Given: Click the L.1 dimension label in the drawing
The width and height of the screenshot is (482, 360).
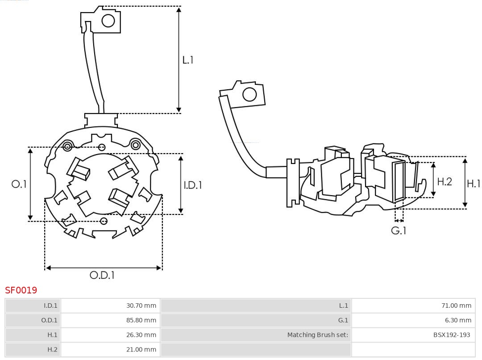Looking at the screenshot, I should (x=188, y=60).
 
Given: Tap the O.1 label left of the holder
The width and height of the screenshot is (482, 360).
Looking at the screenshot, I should (x=19, y=184).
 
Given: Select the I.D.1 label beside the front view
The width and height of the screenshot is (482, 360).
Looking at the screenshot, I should (x=193, y=184).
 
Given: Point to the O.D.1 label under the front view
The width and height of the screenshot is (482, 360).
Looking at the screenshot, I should (x=102, y=275).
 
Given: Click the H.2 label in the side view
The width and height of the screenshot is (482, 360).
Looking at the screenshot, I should (x=444, y=181).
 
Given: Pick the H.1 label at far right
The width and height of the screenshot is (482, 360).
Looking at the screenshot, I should (x=473, y=183).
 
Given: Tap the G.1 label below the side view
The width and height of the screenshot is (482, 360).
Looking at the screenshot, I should (x=399, y=230).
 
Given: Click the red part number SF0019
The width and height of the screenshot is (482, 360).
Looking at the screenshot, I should (x=21, y=290).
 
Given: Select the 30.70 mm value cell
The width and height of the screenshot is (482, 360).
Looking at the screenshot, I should (x=141, y=306).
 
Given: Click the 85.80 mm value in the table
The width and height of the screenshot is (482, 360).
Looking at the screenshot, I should (x=141, y=320).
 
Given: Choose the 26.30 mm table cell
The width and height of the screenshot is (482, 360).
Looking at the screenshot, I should (x=141, y=335).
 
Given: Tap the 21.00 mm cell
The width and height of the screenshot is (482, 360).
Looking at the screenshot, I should (x=141, y=349).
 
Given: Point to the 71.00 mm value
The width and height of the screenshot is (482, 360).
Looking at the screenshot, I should (x=456, y=306).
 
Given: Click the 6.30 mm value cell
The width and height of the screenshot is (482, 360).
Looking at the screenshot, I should (x=458, y=320).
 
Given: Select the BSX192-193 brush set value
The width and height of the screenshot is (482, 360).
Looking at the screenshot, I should (x=451, y=335).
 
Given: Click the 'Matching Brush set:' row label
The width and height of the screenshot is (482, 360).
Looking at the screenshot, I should (x=317, y=335).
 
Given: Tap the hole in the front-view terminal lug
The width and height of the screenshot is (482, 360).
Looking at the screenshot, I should (x=108, y=21).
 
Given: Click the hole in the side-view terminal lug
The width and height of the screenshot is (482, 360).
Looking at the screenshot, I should (x=249, y=95).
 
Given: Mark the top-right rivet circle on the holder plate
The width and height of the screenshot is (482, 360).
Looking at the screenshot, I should (x=135, y=144).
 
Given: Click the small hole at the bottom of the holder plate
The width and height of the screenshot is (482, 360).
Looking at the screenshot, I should (x=104, y=221).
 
